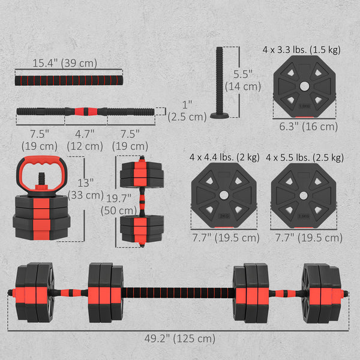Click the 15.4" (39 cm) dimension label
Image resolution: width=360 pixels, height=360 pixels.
click(65, 63)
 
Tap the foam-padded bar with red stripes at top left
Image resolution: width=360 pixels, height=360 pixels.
click(69, 80)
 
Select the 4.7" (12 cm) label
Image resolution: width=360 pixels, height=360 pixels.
click(85, 140)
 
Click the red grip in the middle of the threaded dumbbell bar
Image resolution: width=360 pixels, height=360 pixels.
click(86, 112)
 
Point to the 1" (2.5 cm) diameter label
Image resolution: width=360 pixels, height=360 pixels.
click(187, 111)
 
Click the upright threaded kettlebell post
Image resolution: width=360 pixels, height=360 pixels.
click(220, 83)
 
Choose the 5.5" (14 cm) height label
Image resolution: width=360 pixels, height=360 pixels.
click(243, 80)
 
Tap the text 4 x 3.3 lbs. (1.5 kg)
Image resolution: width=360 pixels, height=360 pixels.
click(301, 50)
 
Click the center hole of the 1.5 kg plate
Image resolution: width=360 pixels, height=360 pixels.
click(304, 86)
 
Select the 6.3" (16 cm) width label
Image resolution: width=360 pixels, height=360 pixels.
click(308, 127)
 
